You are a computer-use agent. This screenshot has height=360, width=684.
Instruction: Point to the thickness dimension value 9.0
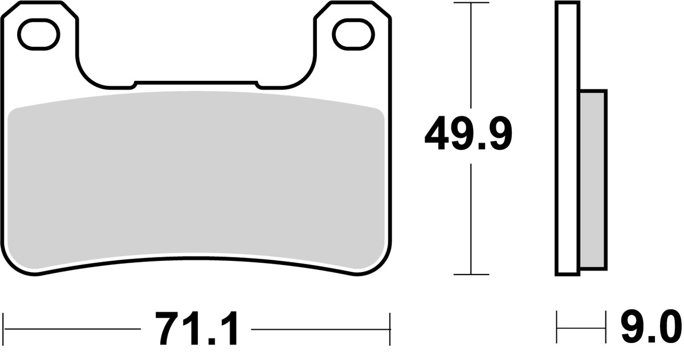pos(650,329)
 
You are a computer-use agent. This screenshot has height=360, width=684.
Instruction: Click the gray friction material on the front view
pos(197,182)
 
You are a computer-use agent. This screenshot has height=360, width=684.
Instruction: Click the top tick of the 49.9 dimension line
pos(470,3)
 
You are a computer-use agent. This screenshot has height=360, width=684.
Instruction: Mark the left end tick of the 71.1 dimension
pos(4,329)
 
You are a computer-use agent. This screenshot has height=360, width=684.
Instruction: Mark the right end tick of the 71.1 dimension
pos(389,329)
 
